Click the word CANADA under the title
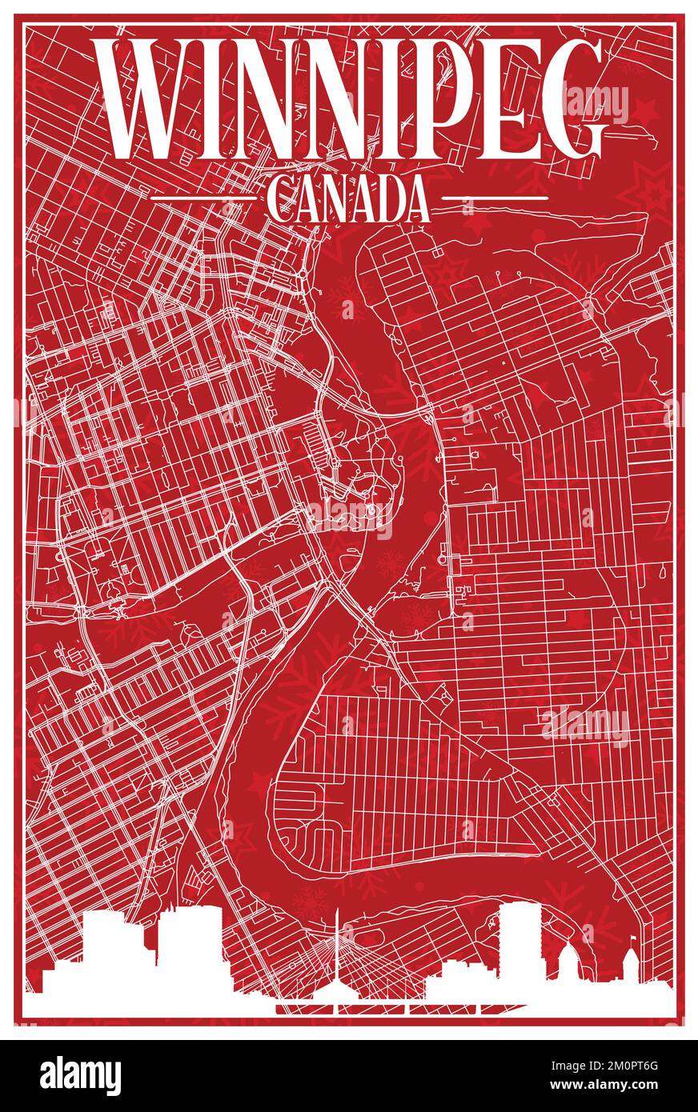[x=347, y=201]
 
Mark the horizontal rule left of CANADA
[x=201, y=197]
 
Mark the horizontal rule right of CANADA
[x=495, y=197]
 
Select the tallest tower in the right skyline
[x=520, y=944]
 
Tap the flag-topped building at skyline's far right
[x=632, y=964]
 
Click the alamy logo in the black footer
[x=80, y=1075]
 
